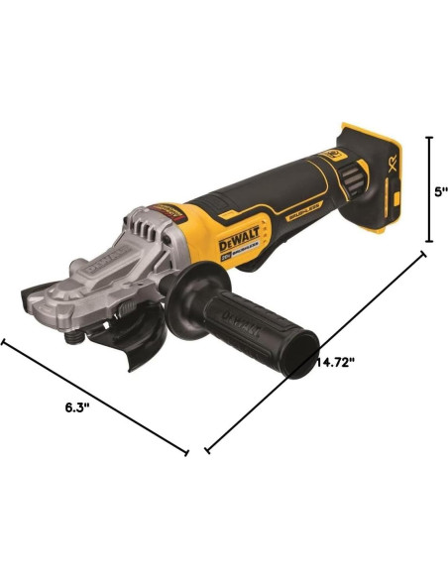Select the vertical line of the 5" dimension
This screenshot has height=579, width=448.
(x=427, y=188)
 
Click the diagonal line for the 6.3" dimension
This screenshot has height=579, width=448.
(x=94, y=397)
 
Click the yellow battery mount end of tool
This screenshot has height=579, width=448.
(x=372, y=174)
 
